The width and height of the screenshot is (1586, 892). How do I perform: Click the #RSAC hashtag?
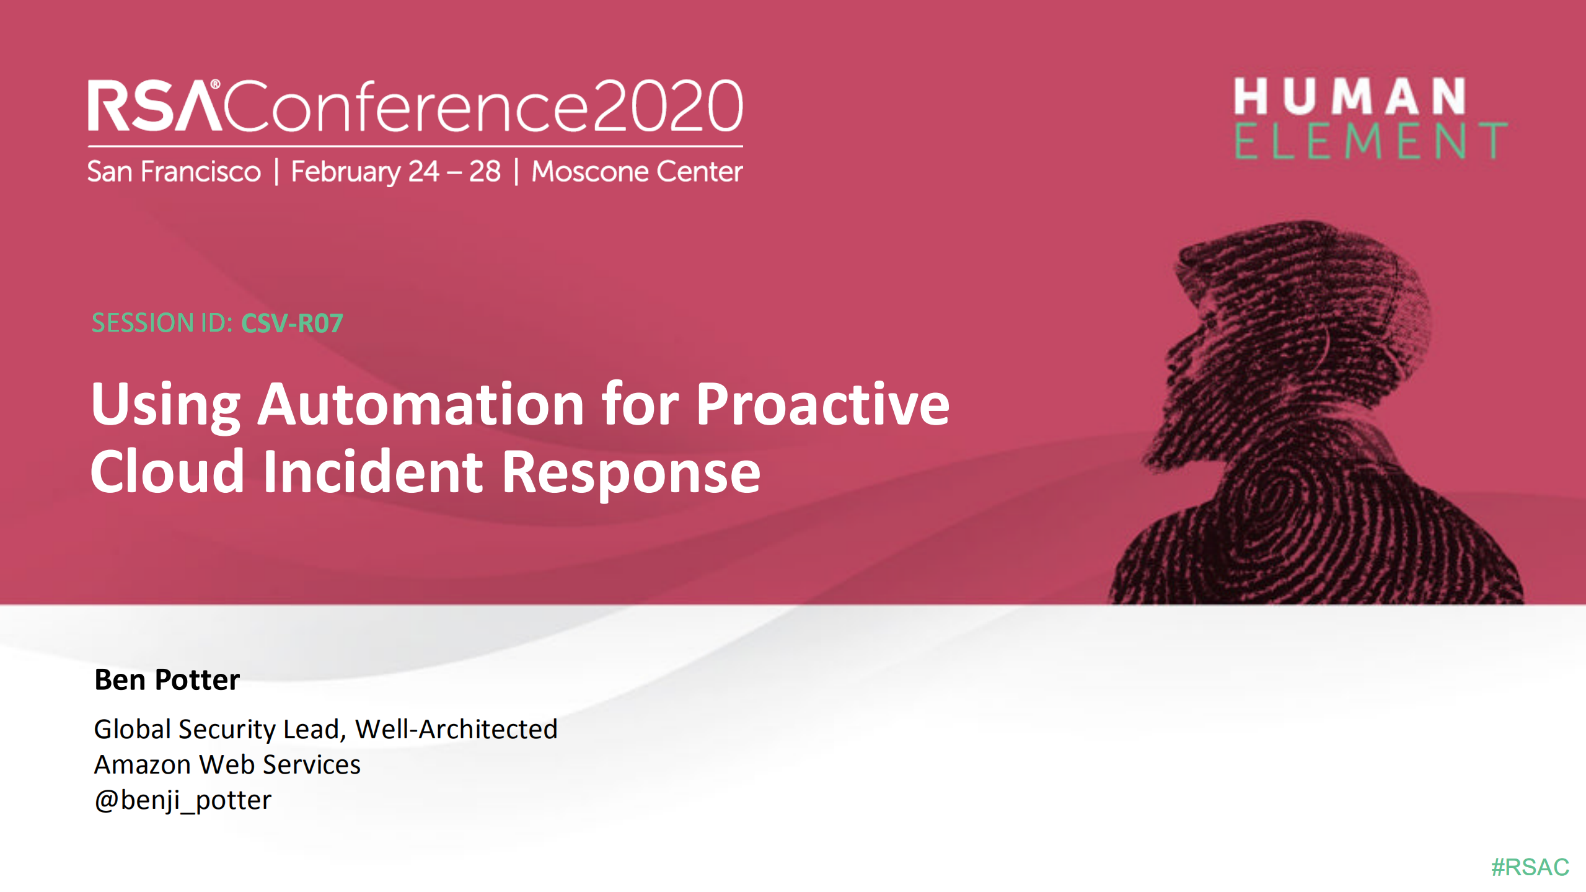coord(1530,867)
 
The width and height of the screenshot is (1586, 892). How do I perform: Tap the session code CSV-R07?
coord(292,323)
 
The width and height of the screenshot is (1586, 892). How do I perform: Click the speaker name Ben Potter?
coord(167,679)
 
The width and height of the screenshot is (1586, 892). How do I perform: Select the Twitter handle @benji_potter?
coord(183,800)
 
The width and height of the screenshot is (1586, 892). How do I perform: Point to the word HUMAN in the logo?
coord(1349,97)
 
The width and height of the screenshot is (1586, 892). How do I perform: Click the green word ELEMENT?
coord(1370,141)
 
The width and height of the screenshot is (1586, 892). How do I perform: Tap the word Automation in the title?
coord(421,404)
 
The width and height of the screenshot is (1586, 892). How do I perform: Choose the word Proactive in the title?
coord(822,404)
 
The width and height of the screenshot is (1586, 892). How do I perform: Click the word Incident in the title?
coord(372,472)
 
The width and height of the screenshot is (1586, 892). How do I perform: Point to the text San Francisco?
coord(174,172)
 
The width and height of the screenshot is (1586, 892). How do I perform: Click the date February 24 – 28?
coord(395,172)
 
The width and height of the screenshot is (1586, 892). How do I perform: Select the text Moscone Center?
coord(637,172)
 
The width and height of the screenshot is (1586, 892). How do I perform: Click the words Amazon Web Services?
coord(227,764)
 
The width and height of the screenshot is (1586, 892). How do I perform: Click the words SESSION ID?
coord(162,323)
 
